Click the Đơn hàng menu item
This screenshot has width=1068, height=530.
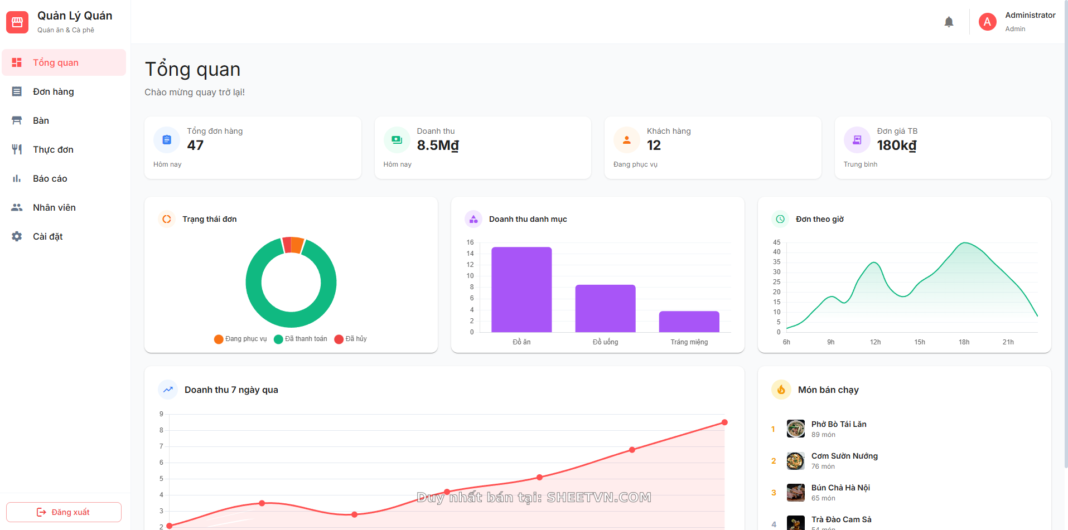(x=53, y=91)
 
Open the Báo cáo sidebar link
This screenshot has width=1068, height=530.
(x=50, y=178)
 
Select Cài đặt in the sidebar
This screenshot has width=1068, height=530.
(x=47, y=236)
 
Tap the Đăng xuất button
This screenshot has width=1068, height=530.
(x=64, y=512)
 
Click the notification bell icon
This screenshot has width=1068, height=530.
(x=949, y=22)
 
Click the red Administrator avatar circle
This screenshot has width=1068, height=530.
(x=987, y=22)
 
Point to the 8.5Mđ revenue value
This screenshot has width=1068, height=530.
(x=438, y=145)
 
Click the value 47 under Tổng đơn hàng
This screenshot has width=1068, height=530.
(x=195, y=145)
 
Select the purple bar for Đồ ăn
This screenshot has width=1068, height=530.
(x=521, y=289)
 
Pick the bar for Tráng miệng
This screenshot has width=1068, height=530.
(x=689, y=322)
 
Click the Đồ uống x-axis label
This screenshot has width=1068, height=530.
(x=605, y=342)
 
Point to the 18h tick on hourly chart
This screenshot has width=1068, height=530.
(x=964, y=342)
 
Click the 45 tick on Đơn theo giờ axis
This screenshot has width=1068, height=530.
(x=776, y=242)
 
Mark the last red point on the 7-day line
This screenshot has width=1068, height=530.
(x=724, y=422)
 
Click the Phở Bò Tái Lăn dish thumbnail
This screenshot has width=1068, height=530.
(x=795, y=429)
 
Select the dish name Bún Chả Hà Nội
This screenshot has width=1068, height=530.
(x=840, y=488)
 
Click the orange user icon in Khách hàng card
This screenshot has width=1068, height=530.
(x=627, y=140)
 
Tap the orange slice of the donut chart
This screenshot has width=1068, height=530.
(x=297, y=245)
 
